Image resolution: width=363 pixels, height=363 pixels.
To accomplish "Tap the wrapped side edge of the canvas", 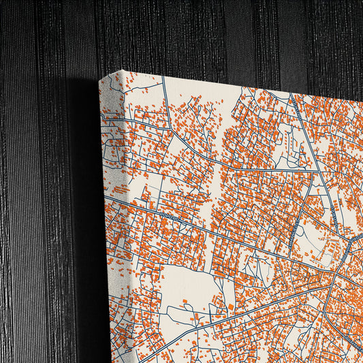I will [x=106, y=204].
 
